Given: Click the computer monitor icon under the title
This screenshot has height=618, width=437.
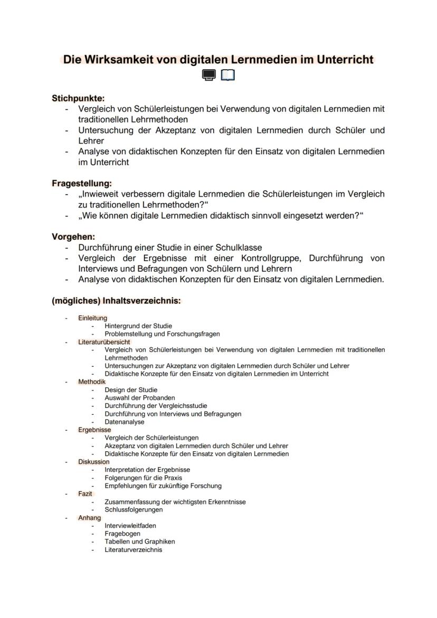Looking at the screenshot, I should [209, 76].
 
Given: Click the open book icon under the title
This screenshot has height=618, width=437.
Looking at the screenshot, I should [228, 76].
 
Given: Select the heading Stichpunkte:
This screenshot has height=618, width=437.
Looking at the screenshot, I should [78, 98].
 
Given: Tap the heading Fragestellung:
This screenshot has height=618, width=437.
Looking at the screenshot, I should [82, 184].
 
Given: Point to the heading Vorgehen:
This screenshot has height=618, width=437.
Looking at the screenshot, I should [73, 237].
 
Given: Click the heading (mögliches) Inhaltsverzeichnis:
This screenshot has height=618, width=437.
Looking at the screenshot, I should [116, 301].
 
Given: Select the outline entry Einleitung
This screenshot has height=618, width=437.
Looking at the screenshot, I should [92, 318].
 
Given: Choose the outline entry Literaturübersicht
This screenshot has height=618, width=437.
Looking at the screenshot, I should [104, 342].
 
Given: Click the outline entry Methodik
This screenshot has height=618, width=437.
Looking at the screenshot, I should [92, 382].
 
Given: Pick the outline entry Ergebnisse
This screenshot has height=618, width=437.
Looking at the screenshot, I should [94, 430].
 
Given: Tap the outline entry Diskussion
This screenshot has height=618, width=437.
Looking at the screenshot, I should [94, 462].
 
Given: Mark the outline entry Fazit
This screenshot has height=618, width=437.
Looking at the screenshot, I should [85, 494].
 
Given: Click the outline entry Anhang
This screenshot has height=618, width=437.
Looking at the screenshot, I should [89, 518].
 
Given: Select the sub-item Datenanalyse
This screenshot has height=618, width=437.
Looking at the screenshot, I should [124, 422].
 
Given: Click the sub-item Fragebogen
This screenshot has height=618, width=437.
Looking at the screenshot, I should [122, 534].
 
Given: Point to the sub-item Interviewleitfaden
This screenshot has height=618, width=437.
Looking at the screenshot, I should [130, 526].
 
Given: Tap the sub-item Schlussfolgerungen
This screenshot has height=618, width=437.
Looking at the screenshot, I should [134, 510].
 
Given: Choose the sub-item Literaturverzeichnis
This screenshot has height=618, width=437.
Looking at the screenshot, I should [133, 550].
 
